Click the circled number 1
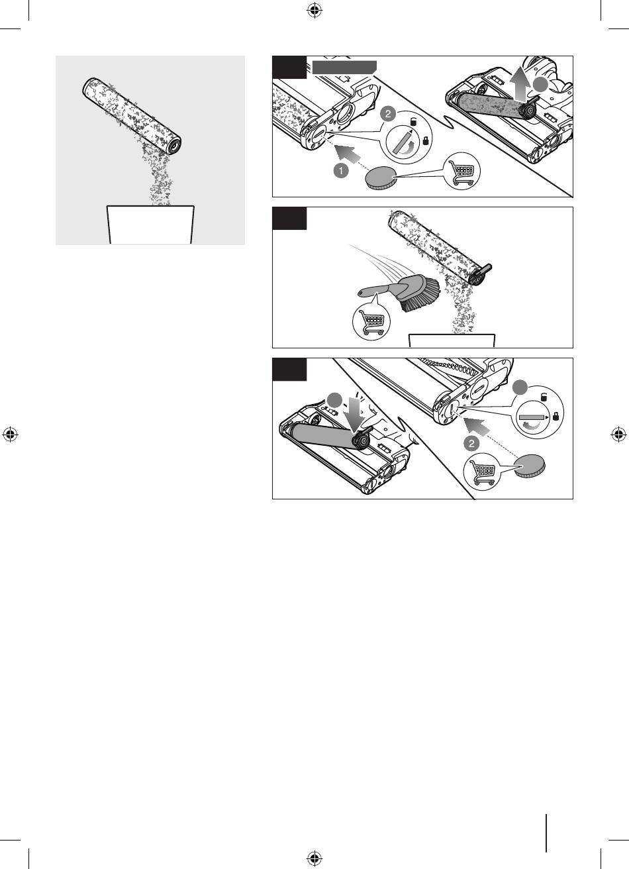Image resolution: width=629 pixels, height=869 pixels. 340,171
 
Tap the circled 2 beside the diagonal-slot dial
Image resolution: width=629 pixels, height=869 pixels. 388,114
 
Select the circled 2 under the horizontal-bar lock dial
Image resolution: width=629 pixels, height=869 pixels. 471,443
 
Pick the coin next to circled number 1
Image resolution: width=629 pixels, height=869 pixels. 381,178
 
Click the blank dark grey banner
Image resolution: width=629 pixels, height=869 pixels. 344,67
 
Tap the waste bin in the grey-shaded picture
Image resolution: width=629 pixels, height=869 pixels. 150,225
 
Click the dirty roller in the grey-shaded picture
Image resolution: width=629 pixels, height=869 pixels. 132,116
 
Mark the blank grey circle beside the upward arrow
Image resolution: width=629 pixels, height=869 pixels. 540,85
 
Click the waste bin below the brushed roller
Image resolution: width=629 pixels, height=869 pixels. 452,340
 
